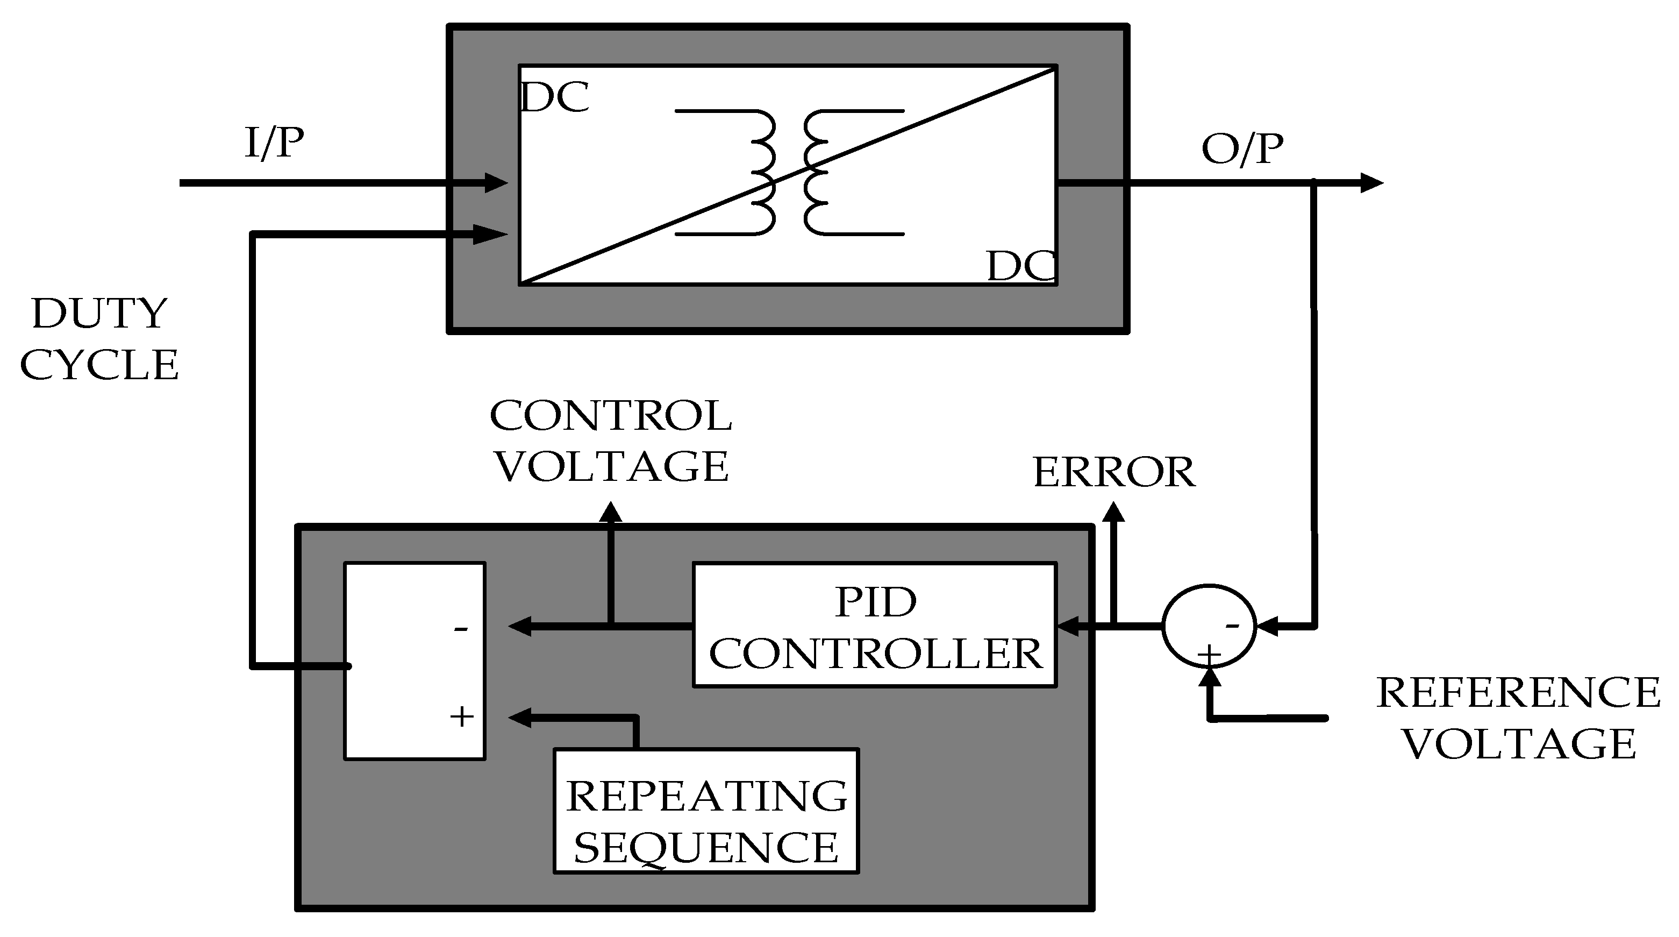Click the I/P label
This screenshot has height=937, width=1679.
coord(274,143)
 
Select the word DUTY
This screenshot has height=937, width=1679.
coord(99,314)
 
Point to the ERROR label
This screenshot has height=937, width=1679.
coord(1114,472)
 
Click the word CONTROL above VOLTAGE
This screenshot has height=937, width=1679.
coord(611,415)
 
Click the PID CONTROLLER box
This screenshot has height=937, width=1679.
coord(875,624)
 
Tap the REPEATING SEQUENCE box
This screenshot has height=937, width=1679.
coord(706,811)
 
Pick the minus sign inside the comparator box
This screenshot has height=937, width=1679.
coord(461,629)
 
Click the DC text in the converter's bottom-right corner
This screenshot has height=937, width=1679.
coord(1021,266)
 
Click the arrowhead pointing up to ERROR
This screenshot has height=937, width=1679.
coord(1114,512)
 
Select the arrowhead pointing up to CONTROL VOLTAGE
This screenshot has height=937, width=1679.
coord(611,512)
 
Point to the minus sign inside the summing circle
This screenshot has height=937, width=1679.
coord(1232,626)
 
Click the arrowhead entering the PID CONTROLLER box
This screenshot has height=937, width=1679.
coord(1068,627)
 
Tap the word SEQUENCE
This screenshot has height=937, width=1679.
coord(706,848)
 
